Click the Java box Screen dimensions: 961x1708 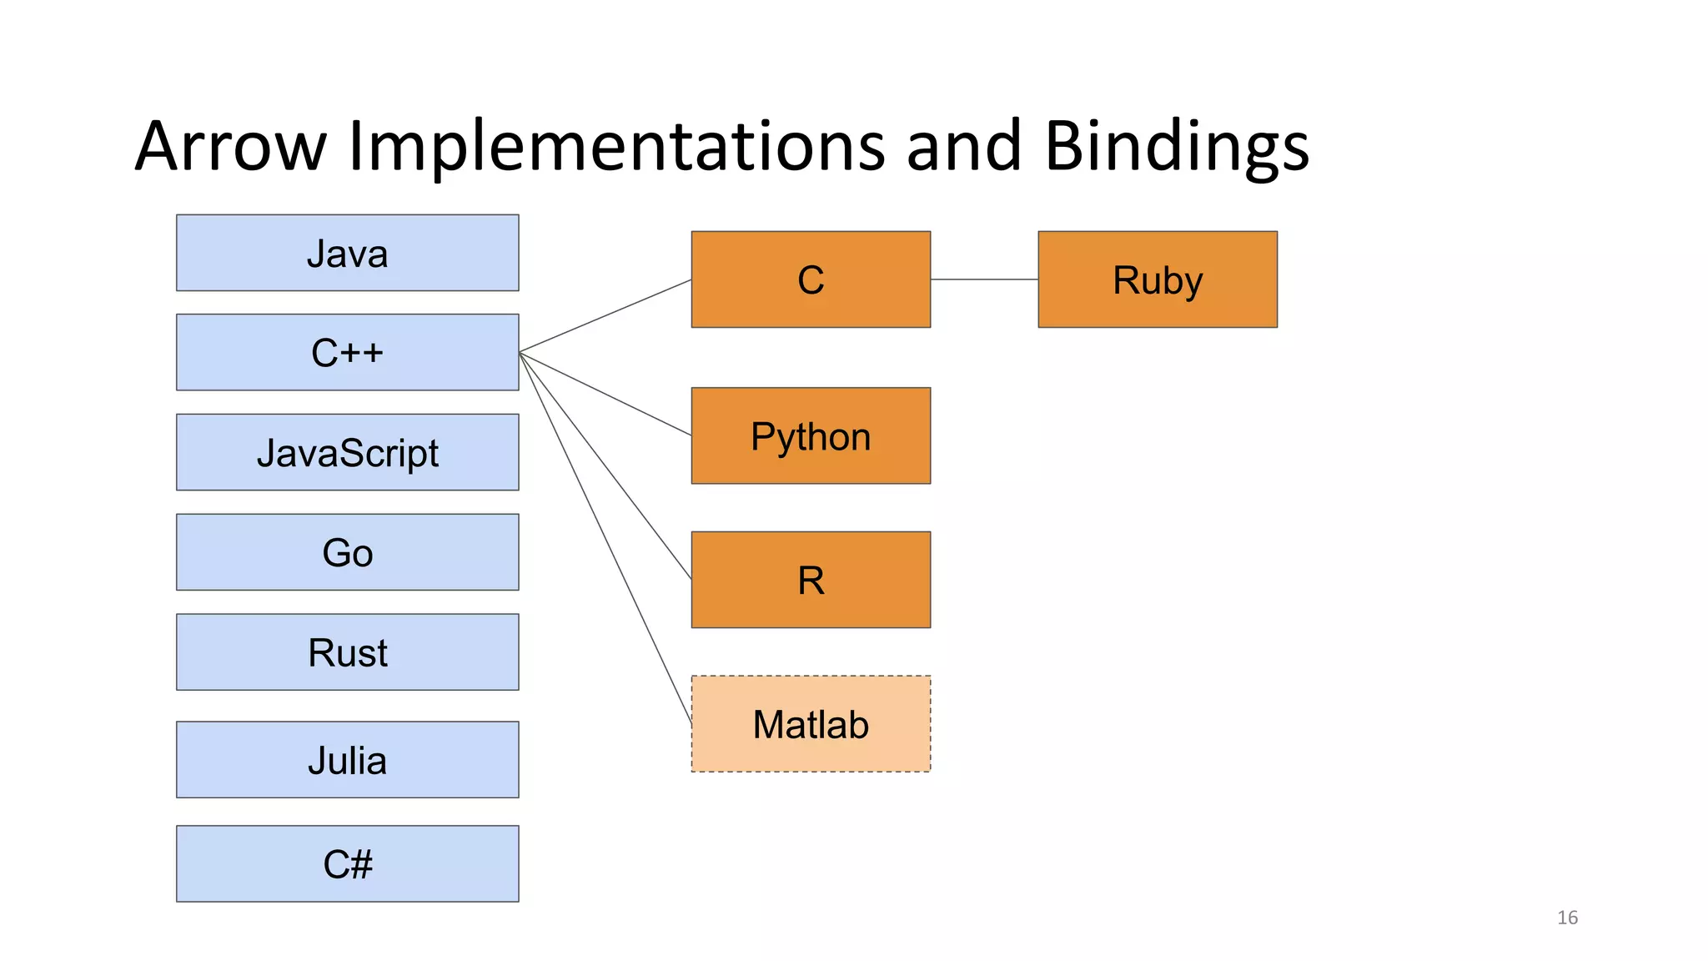(x=347, y=253)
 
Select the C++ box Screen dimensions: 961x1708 (x=347, y=352)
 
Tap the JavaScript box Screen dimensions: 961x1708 (x=347, y=452)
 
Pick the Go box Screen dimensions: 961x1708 (x=347, y=552)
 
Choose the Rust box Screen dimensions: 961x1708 (x=347, y=652)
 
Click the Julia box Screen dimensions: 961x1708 (x=347, y=760)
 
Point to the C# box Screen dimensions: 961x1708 (x=347, y=863)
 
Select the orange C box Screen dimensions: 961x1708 (x=811, y=279)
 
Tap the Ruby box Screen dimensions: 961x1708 (x=1158, y=279)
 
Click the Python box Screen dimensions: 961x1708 (x=811, y=435)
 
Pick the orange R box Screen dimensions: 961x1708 (x=811, y=580)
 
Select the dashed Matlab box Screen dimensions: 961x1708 (x=811, y=724)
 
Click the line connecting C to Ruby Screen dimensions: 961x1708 (x=984, y=279)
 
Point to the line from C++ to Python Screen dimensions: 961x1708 (x=605, y=394)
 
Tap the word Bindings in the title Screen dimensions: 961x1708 (x=1176, y=147)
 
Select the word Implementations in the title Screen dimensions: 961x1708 (x=615, y=147)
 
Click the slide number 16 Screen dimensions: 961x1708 (x=1567, y=918)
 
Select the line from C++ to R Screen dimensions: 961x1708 (x=605, y=466)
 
